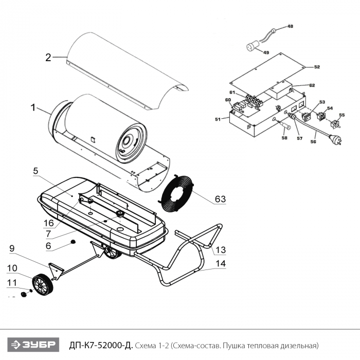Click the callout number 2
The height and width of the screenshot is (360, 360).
(48, 57)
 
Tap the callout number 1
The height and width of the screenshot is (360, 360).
(33, 108)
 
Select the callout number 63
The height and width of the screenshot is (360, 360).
(220, 199)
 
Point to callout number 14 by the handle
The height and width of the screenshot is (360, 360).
(220, 264)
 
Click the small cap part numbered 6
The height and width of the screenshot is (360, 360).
(73, 242)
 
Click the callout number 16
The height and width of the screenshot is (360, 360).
(49, 222)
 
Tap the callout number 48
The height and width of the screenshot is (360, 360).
(290, 26)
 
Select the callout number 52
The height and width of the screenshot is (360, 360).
(317, 67)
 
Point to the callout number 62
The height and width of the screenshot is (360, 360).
(312, 85)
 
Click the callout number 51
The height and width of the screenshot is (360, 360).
(218, 119)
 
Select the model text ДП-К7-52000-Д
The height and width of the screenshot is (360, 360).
(100, 345)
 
